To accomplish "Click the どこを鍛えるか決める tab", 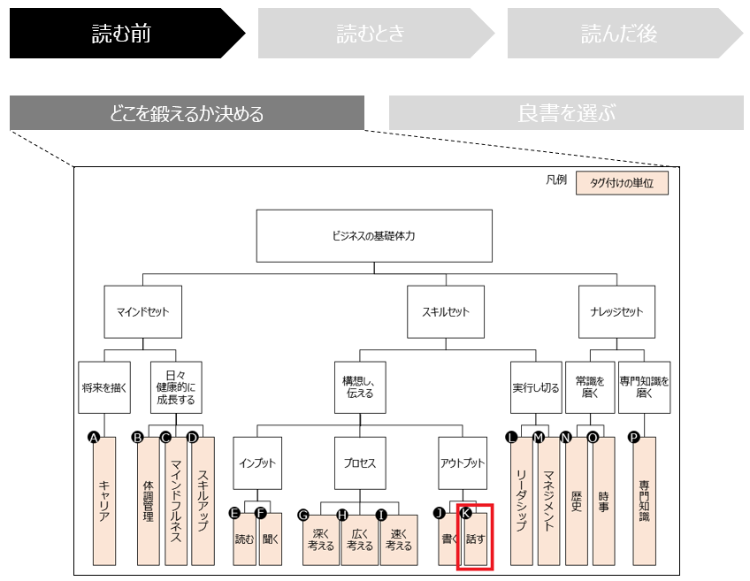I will pos(187,113).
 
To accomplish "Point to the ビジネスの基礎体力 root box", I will pos(373,236).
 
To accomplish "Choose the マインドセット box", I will pos(142,312).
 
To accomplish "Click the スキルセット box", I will pos(446,312).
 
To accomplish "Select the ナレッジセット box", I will pos(616,312).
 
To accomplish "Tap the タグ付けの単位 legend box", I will pos(622,183).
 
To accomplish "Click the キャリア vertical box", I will pos(104,501).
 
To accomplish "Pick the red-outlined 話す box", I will pos(475,538).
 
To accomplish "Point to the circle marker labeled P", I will pos(633,437).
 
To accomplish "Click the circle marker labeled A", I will pos(93,437).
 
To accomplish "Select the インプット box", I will pos(257,463).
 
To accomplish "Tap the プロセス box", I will pos(360,463).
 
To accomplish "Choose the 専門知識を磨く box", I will pos(644,387).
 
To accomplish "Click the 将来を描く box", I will pos(104,387).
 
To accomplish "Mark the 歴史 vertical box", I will pos(577,501).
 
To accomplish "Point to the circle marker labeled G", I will pos(303,514).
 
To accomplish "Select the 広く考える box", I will pos(360,539).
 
